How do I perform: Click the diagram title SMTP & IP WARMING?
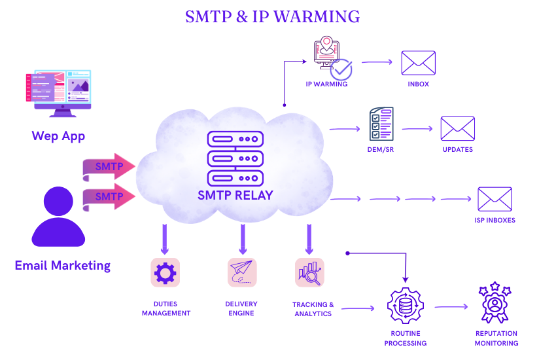tap(272, 16)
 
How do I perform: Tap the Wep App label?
tap(58, 136)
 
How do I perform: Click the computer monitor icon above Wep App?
tap(59, 92)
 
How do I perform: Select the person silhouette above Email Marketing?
tap(58, 217)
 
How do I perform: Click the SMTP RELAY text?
tap(235, 195)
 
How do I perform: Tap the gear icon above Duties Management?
tap(165, 272)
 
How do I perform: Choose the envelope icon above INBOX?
tap(419, 63)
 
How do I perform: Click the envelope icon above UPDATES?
tap(457, 128)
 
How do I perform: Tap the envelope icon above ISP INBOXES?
tap(495, 199)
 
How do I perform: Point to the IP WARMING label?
tap(326, 84)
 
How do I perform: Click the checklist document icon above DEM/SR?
tap(381, 124)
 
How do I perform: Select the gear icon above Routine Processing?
tap(406, 306)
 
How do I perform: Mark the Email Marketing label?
tap(63, 265)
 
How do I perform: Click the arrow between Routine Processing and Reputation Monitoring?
tap(451, 306)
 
